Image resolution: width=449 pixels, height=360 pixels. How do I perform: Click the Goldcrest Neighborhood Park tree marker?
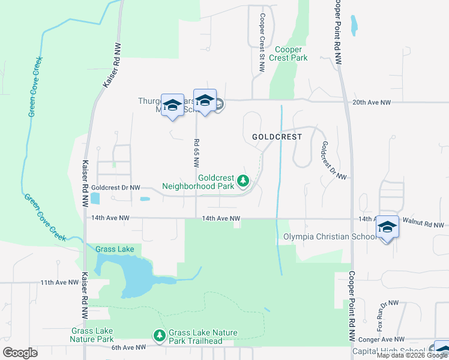click(x=243, y=181)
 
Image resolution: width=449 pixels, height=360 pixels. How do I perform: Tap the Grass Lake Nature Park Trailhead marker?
click(x=159, y=337)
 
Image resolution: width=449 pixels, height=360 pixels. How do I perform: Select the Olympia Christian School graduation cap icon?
click(x=387, y=227)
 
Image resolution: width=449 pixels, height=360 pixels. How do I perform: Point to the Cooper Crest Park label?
click(x=291, y=54)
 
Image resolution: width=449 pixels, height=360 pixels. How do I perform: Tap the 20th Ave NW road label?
click(x=372, y=103)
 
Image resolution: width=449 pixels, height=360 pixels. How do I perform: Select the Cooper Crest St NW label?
click(x=262, y=43)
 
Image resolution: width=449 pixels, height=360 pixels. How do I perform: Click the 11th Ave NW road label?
click(x=59, y=282)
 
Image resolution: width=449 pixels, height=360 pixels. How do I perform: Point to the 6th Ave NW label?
click(x=129, y=347)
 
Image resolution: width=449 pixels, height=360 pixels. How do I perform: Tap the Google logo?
click(x=20, y=353)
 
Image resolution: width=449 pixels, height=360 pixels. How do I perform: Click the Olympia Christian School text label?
click(x=330, y=236)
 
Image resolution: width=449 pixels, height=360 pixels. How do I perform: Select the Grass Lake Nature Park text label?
click(x=92, y=335)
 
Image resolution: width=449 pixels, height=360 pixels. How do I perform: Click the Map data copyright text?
click(x=412, y=355)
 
